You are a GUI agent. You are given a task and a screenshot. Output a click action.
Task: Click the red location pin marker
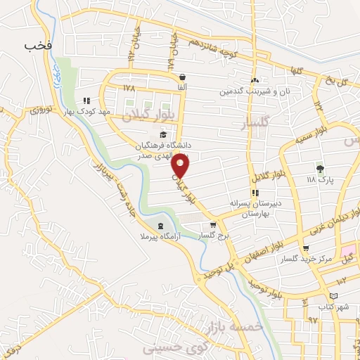(x=181, y=165)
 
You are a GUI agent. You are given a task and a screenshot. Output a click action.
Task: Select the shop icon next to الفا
(x=182, y=77)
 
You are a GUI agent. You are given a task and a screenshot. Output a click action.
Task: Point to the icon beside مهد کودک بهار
(x=86, y=101)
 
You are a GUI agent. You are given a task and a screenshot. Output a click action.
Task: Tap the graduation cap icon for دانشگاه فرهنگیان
(x=163, y=134)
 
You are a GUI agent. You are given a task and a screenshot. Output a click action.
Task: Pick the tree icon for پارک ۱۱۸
(x=321, y=169)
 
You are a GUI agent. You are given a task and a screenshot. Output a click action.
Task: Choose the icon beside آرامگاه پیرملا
(x=162, y=226)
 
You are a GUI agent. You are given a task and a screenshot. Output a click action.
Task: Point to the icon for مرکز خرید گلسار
(x=305, y=249)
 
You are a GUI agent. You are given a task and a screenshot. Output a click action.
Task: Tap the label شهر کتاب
(x=333, y=307)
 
